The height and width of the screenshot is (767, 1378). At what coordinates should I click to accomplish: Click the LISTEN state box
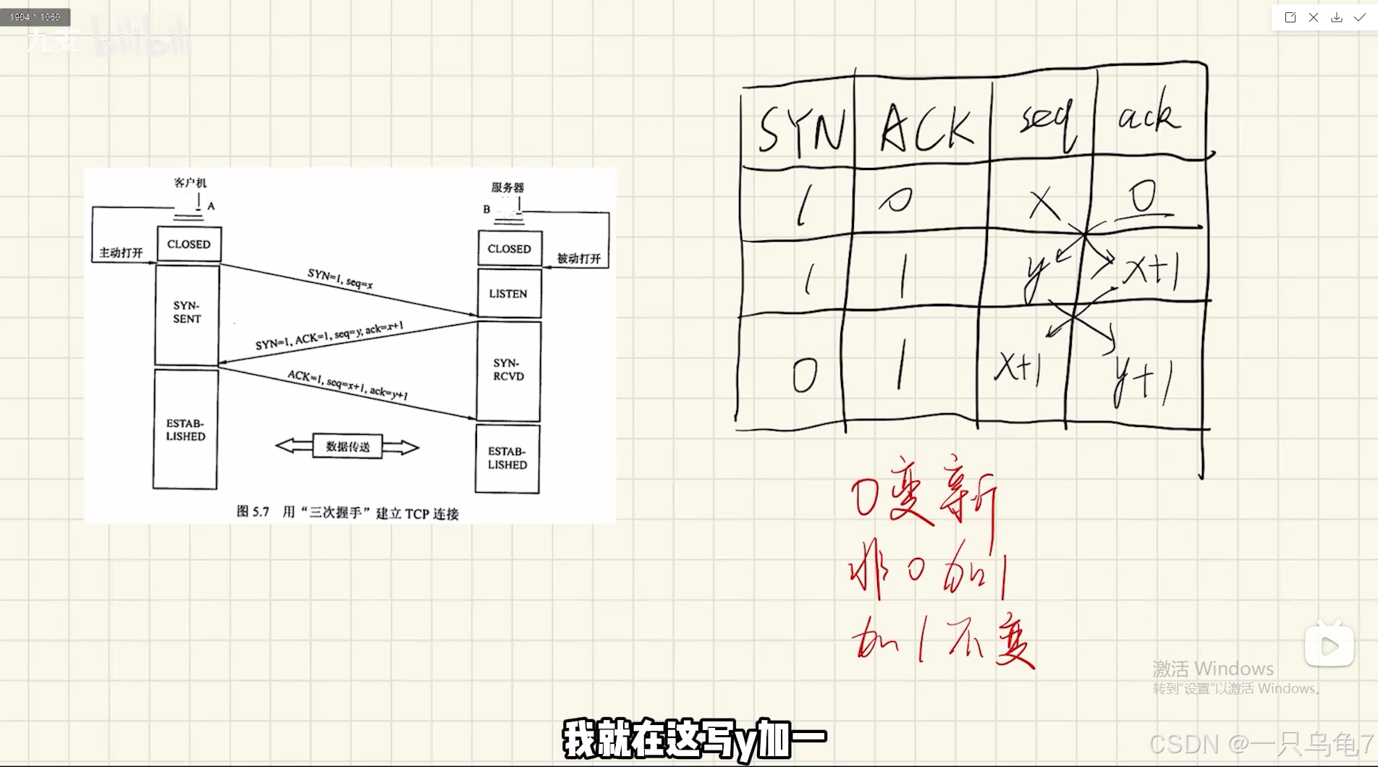coord(509,294)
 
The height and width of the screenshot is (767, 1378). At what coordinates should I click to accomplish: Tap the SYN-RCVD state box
coord(508,370)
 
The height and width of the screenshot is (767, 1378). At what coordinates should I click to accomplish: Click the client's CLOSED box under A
coord(189,245)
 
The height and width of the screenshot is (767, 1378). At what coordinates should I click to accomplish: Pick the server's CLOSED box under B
coord(510,249)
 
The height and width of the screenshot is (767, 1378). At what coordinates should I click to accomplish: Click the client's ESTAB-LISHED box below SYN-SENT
coord(185,430)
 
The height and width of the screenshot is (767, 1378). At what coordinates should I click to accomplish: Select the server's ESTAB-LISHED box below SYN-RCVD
coord(507,458)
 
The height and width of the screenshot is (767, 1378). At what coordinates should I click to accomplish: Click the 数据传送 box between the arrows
coord(347,446)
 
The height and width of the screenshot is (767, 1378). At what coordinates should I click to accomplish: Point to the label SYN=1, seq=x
coord(340,279)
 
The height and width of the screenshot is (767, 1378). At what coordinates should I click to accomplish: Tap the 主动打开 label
coord(121,253)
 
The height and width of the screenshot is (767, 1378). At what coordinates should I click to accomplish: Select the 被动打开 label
coord(579,258)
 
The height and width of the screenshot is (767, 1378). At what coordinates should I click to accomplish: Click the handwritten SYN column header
coord(800,131)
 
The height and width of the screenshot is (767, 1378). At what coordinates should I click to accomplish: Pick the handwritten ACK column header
coord(926,130)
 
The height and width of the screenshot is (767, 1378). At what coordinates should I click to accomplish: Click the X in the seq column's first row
coord(1044,203)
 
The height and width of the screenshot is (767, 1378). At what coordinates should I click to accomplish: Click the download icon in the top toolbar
coord(1337,17)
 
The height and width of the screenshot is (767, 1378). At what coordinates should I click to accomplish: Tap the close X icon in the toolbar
coord(1314,17)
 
